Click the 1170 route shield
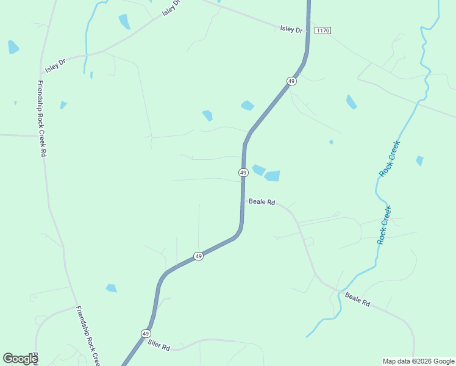pos(323,30)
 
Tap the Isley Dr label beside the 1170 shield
pos(291,29)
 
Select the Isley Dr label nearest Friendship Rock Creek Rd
pos(55,65)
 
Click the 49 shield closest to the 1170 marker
pos(292,81)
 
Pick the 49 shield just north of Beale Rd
pos(243,173)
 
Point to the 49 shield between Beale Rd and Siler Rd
pos(198,256)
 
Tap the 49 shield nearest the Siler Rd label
pos(146,334)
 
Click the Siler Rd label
pos(159,345)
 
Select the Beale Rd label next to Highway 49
pos(262,201)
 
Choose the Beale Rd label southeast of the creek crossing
pos(357,299)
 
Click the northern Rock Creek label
pos(389,159)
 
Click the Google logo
pos(20,359)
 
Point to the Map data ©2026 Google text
pos(418,361)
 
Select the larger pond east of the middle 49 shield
pos(272,176)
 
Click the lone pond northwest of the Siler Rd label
pos(111,288)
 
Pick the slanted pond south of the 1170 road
pos(351,102)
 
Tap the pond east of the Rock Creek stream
pos(419,161)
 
